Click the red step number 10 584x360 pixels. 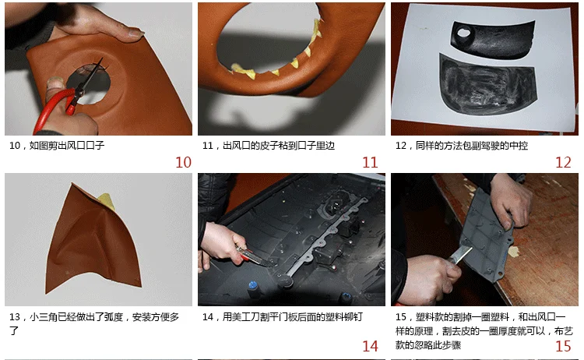(x=183, y=163)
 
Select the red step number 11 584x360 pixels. (x=370, y=163)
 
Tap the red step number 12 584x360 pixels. (x=563, y=163)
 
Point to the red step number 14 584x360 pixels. (x=370, y=346)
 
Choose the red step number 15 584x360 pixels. (x=563, y=346)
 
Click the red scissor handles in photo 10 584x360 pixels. (x=56, y=106)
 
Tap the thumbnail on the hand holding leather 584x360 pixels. (x=136, y=34)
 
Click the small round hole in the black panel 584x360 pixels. (x=464, y=33)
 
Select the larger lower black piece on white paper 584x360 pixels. (x=488, y=85)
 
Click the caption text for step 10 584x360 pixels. (x=57, y=146)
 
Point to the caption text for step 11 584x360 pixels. (x=269, y=146)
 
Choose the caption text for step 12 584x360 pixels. (x=462, y=146)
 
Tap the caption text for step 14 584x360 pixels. (x=283, y=317)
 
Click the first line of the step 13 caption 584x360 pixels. (x=94, y=317)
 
